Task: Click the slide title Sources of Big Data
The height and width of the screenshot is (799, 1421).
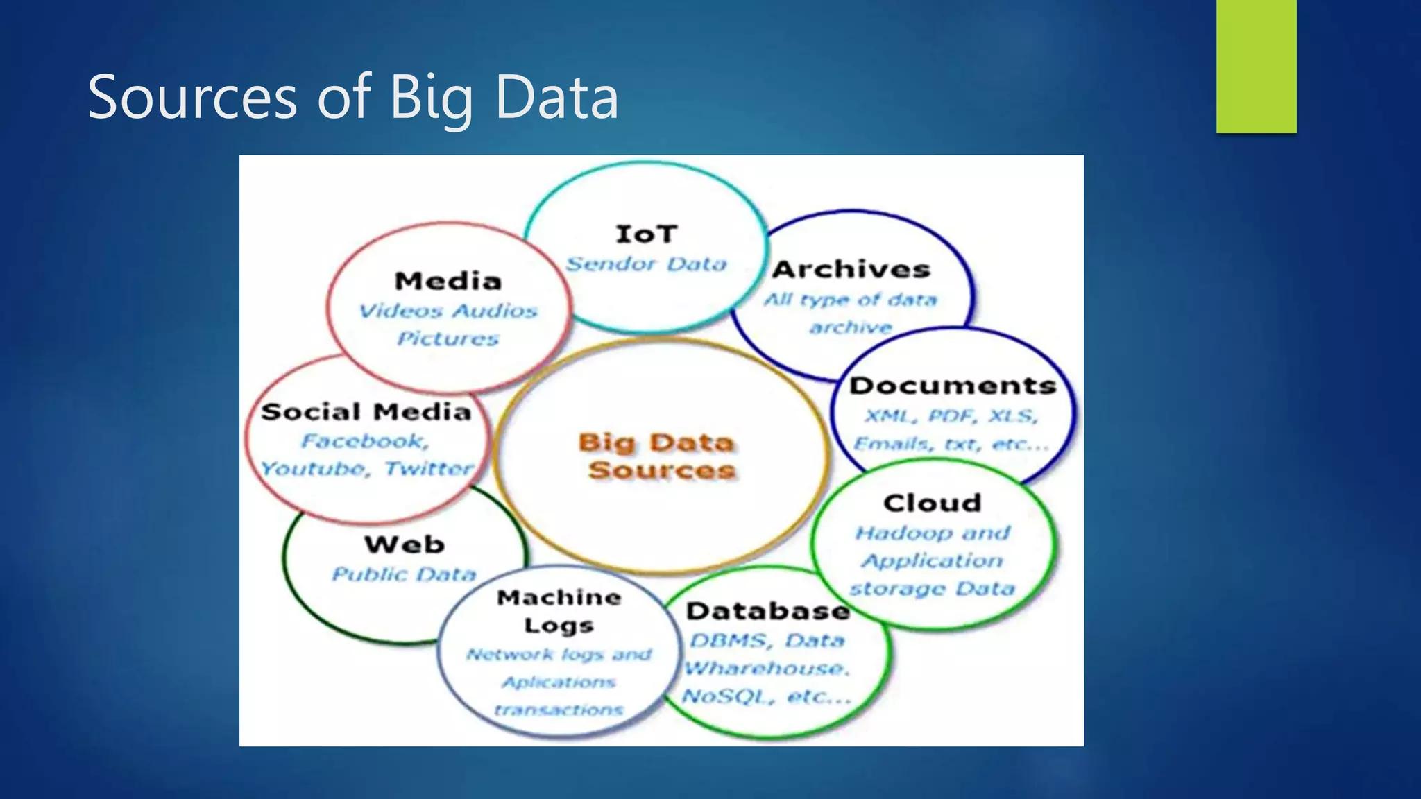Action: (x=352, y=97)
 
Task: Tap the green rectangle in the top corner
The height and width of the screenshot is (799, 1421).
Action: (x=1256, y=66)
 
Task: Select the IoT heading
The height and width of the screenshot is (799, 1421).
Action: (x=646, y=234)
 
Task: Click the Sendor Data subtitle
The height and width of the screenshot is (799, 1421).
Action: (x=646, y=264)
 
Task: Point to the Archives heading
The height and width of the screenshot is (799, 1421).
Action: (x=851, y=269)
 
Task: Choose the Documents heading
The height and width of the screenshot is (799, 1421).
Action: (x=953, y=386)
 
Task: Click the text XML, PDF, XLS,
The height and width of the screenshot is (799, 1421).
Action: (x=951, y=416)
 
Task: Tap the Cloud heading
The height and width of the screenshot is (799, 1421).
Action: (x=933, y=503)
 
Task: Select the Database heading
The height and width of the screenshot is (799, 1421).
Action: (x=768, y=611)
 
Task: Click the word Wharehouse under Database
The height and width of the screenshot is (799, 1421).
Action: (x=766, y=669)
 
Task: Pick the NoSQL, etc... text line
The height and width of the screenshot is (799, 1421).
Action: (x=766, y=696)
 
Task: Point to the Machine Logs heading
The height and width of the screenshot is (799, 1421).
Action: (x=559, y=611)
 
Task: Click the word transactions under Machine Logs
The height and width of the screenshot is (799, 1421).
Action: (x=559, y=710)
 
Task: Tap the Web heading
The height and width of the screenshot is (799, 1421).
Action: (x=405, y=544)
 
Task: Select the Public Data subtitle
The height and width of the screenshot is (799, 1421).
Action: (x=405, y=574)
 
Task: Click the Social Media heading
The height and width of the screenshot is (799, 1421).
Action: (x=366, y=412)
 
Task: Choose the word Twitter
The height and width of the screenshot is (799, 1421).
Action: (x=429, y=469)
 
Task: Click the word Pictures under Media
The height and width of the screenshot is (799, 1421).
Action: (x=448, y=338)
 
